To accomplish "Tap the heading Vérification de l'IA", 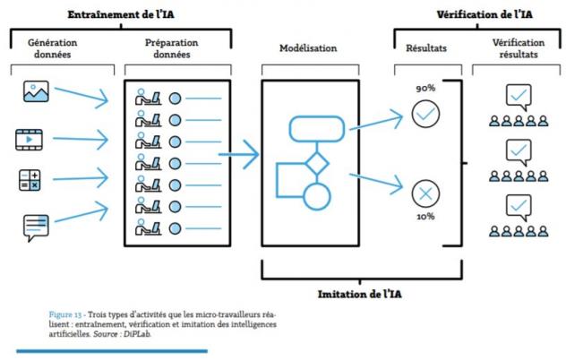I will click(483, 15).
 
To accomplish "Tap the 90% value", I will click(424, 89).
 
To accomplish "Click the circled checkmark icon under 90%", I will click(424, 114).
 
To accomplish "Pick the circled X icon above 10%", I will click(424, 193).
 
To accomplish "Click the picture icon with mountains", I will click(36, 93).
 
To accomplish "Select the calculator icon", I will click(30, 179).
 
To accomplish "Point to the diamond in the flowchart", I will click(315, 164).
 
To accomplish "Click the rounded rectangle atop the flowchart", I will click(316, 129).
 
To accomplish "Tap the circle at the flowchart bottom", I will click(316, 196).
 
